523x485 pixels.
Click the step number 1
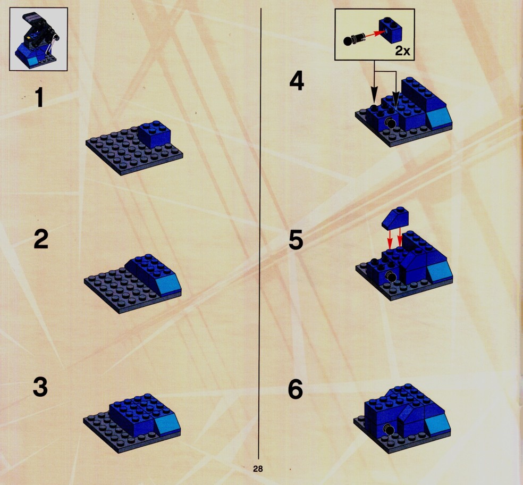pyautogui.click(x=40, y=97)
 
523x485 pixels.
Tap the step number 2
pyautogui.click(x=41, y=239)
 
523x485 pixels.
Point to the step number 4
pyautogui.click(x=297, y=81)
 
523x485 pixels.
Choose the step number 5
pyautogui.click(x=296, y=240)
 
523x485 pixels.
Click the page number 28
pyautogui.click(x=258, y=469)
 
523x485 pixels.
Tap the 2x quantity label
pyautogui.click(x=402, y=51)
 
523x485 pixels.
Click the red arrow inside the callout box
pyautogui.click(x=374, y=34)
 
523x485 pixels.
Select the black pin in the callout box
pyautogui.click(x=354, y=38)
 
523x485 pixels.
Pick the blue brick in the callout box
pyautogui.click(x=390, y=30)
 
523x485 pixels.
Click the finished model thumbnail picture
pyautogui.click(x=38, y=39)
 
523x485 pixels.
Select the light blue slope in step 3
pyautogui.click(x=168, y=423)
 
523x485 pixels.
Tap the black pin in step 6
pyautogui.click(x=388, y=429)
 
